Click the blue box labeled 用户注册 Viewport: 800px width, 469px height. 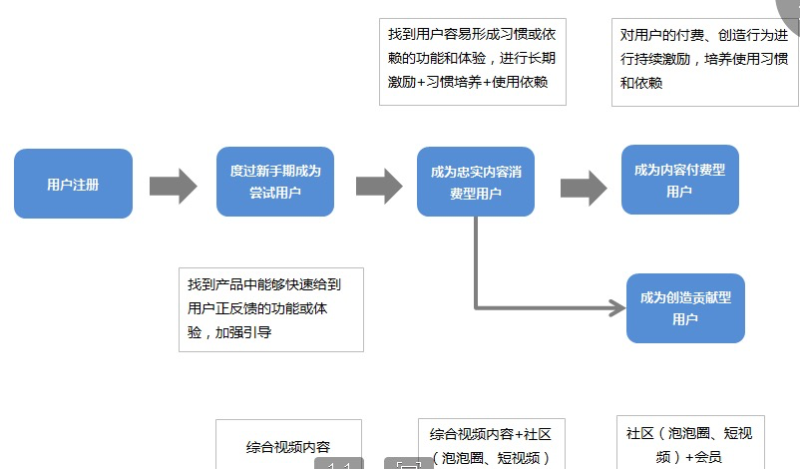(x=73, y=184)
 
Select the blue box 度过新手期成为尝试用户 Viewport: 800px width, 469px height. (x=275, y=182)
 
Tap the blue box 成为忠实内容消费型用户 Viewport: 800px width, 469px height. (x=476, y=183)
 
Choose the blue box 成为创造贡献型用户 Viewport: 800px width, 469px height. (x=685, y=308)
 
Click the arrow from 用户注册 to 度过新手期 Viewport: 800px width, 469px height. (x=174, y=186)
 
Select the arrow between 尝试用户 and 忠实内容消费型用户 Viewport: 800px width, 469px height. (x=378, y=186)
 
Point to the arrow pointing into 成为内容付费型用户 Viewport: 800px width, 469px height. (x=584, y=187)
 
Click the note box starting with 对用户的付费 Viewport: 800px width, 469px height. (x=704, y=61)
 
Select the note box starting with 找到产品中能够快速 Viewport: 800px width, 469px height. (x=270, y=309)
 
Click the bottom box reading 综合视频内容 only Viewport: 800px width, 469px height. (x=288, y=446)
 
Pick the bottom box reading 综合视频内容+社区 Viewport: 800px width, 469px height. (x=491, y=445)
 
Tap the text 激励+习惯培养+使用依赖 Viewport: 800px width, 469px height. (x=469, y=83)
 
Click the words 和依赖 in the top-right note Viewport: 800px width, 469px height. (x=641, y=83)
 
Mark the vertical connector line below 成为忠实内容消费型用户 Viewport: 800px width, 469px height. (x=476, y=259)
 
